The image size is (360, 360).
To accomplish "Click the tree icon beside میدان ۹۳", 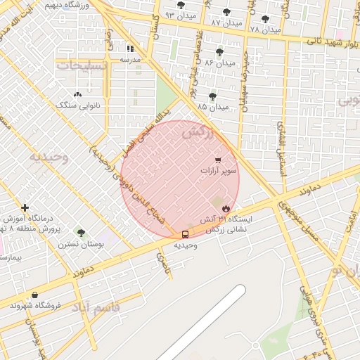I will coord(181,5).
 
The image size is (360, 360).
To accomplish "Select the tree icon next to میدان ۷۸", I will coord(265,19).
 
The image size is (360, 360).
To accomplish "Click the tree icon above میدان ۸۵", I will coord(212,96).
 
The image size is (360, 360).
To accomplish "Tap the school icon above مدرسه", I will coord(130,49).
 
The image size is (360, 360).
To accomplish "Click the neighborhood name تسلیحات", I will coord(83,65).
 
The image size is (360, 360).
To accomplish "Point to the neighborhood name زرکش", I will coord(197,131).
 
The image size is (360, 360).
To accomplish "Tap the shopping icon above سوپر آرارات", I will coord(219,160).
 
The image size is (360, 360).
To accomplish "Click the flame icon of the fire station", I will coord(226,208).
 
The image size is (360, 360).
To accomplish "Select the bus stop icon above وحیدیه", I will coord(185,234).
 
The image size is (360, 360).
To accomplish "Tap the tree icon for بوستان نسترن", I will coord(81,233).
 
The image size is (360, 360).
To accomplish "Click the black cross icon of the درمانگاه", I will coord(25,207).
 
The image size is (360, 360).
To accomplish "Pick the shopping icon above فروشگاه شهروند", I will coord(35,295).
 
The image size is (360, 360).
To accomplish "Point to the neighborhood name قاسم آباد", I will coord(98,307).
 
